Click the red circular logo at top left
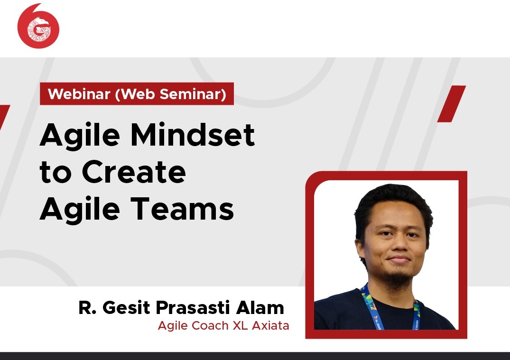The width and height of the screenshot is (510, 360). tap(38, 29)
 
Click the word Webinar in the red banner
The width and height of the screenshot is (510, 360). tap(79, 94)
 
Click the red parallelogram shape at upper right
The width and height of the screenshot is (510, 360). tap(451, 104)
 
